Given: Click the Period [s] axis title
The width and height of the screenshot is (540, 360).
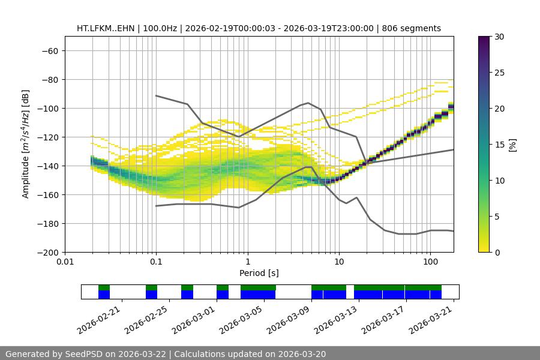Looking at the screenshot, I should (x=259, y=273).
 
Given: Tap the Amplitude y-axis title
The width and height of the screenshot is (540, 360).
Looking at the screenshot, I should (x=25, y=144).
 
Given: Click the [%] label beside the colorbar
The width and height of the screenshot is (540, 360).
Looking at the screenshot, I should (x=512, y=145).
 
